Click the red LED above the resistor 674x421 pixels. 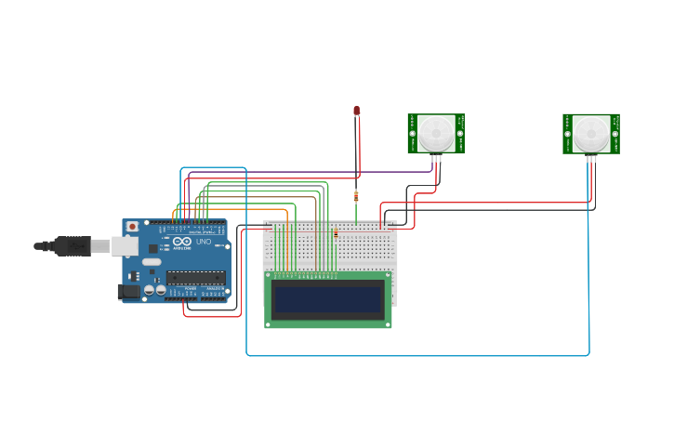[356, 111]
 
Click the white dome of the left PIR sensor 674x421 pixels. [436, 133]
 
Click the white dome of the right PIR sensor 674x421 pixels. [591, 133]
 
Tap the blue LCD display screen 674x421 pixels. [328, 300]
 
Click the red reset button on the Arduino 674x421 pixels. [132, 226]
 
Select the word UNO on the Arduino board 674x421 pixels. [203, 242]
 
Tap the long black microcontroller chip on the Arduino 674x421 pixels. [195, 277]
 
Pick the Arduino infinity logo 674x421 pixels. [181, 242]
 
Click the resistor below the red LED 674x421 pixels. [356, 196]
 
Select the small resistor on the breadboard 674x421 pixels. [336, 233]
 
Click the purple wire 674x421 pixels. [279, 172]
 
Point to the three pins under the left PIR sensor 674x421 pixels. [436, 158]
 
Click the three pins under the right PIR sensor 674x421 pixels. [591, 158]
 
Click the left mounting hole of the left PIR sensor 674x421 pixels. [412, 134]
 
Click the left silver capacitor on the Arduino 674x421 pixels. [148, 290]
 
